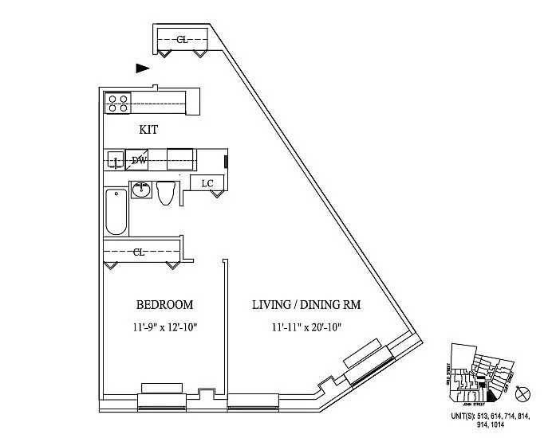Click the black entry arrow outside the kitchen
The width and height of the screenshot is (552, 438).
[x=143, y=68]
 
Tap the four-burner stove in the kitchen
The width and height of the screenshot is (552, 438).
[x=118, y=102]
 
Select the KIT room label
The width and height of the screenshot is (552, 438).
[x=149, y=130]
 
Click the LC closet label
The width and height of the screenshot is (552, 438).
[x=207, y=183]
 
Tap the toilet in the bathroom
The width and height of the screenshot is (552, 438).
[x=166, y=192]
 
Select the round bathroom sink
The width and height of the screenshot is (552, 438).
[x=141, y=190]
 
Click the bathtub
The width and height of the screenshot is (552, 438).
[x=116, y=211]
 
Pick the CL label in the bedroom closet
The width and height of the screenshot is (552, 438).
[x=138, y=252]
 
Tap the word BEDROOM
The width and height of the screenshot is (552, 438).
[x=164, y=305]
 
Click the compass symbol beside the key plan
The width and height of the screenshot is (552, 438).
[x=524, y=393]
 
